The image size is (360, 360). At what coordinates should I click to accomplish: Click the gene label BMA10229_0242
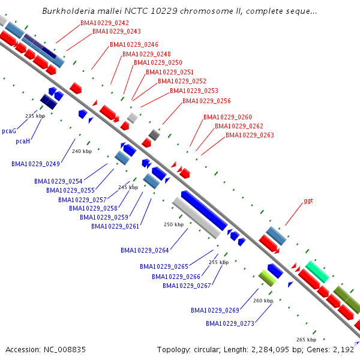point(104,23)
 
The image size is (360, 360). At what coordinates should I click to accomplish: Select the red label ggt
point(308,200)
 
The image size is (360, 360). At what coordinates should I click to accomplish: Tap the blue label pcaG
point(9,130)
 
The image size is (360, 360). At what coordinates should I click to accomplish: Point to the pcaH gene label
point(23,142)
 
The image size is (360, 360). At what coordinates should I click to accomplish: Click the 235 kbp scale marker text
point(35,116)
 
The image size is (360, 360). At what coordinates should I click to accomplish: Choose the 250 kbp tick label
point(173,224)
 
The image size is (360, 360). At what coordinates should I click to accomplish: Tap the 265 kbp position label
point(306,340)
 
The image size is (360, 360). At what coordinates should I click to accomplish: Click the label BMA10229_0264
point(145,250)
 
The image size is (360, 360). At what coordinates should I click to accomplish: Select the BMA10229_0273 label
point(230,323)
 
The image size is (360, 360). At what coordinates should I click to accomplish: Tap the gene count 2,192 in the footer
point(344,349)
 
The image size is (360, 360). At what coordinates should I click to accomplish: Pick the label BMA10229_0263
point(250,135)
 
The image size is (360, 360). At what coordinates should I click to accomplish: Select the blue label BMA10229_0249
point(35,164)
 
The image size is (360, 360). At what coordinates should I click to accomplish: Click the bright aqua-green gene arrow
point(317,272)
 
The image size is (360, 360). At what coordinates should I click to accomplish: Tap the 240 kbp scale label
point(82,151)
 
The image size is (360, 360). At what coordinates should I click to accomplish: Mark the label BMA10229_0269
point(215,310)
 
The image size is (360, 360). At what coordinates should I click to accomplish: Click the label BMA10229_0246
point(134,45)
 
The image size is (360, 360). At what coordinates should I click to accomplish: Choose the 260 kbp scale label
point(263,301)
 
